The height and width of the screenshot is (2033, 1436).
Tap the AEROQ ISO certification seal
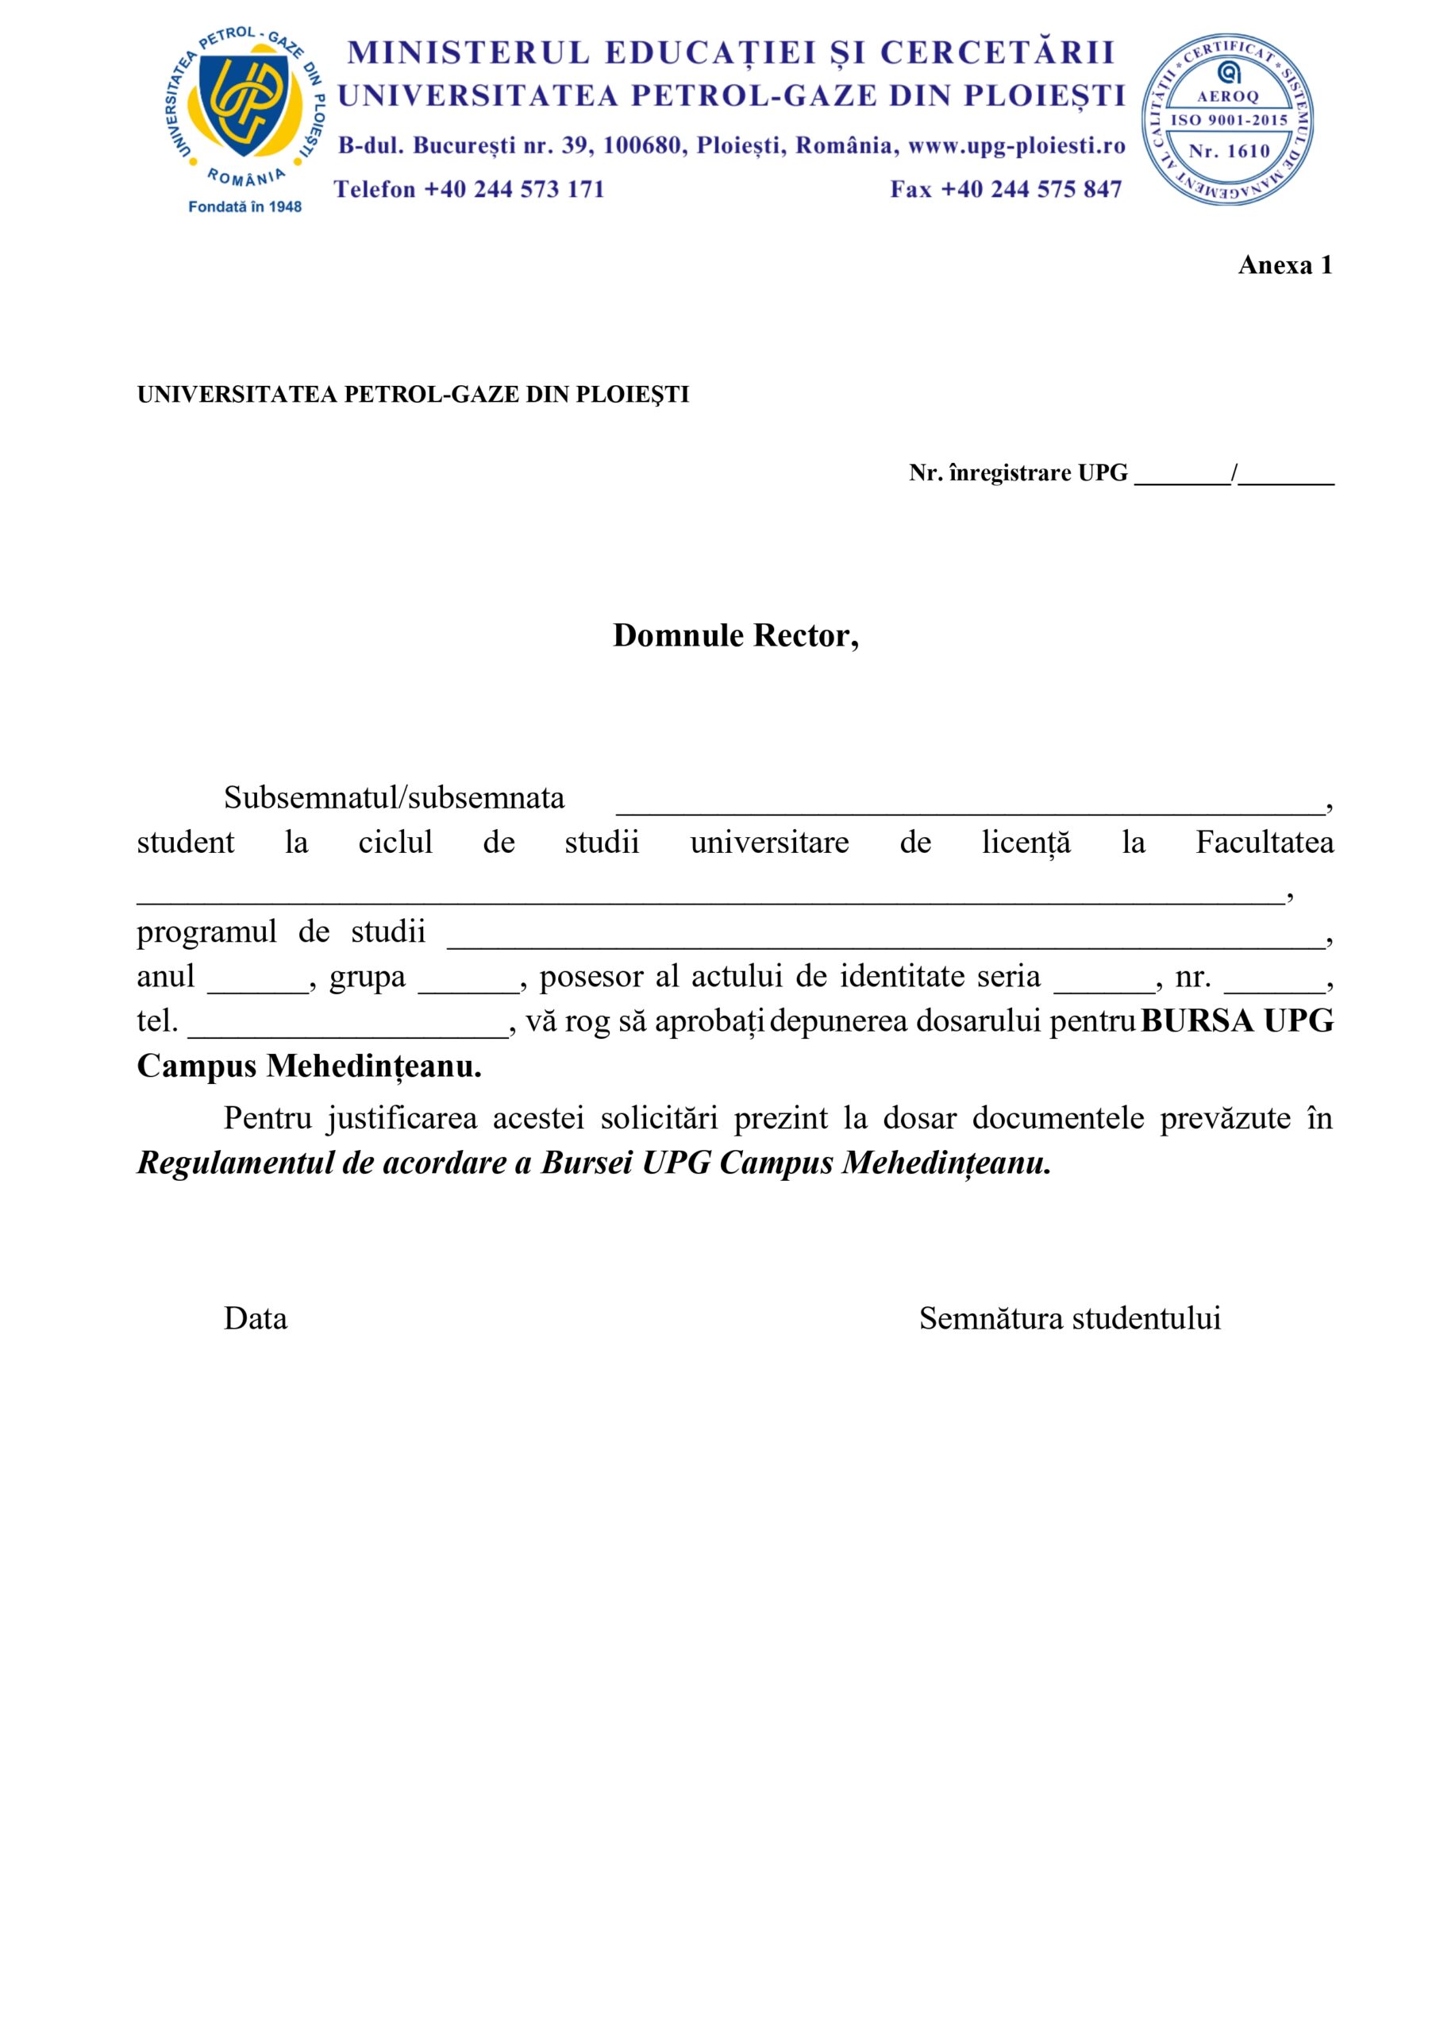1228,121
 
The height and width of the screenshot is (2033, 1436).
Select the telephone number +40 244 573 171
514,190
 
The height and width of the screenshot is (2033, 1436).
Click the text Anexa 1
1284,264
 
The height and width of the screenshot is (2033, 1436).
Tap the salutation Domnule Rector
735,635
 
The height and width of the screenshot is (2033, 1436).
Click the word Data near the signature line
255,1318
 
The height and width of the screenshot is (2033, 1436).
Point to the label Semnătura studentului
1069,1318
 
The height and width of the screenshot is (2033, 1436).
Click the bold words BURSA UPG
1237,1021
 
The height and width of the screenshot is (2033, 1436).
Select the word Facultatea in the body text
1265,842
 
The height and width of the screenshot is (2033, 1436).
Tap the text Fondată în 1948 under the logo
245,207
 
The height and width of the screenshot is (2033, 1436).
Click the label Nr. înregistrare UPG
1018,473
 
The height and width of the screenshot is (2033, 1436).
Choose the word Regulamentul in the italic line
232,1163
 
